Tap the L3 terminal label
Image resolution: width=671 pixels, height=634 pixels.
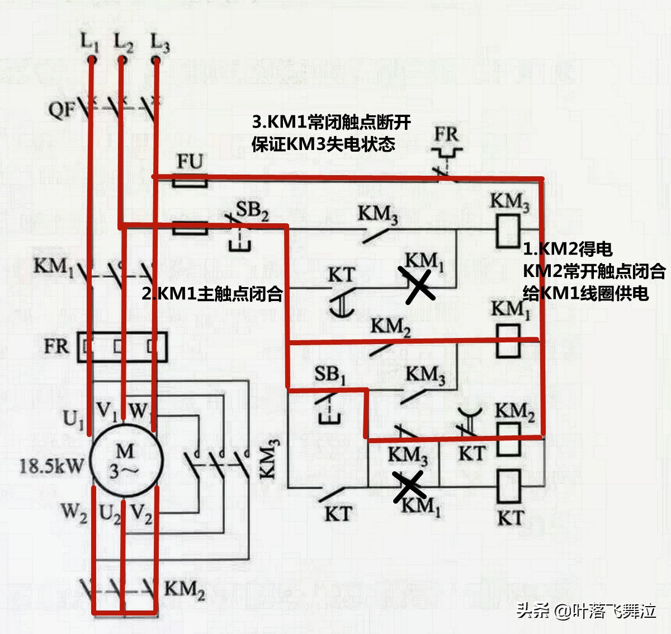click(159, 43)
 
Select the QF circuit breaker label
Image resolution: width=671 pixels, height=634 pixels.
click(61, 109)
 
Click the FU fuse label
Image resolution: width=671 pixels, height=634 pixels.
click(190, 162)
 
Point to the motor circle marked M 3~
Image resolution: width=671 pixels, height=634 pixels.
click(126, 461)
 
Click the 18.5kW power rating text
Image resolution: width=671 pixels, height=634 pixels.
click(51, 465)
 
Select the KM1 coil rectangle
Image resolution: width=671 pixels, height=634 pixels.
click(508, 341)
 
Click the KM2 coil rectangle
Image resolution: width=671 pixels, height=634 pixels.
click(508, 439)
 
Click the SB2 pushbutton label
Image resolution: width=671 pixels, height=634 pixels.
click(252, 210)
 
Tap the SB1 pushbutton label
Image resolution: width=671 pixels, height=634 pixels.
click(329, 374)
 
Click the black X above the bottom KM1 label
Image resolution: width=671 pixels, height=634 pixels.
click(409, 486)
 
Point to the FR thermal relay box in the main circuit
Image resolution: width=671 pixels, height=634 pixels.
click(122, 347)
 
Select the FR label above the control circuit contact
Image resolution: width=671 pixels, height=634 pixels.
click(446, 134)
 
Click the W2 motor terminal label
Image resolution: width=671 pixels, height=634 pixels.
click(74, 512)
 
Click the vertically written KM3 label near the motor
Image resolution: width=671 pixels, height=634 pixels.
click(269, 459)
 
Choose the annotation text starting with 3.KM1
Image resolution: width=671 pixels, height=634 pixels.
click(331, 133)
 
